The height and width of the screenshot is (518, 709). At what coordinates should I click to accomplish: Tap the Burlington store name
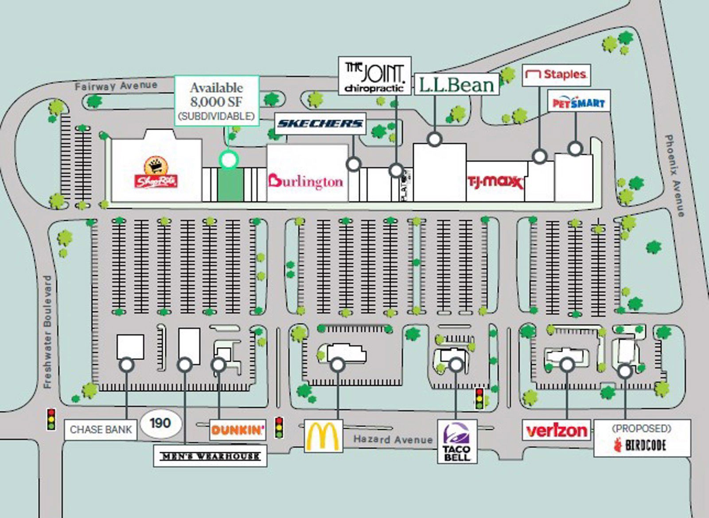(305, 181)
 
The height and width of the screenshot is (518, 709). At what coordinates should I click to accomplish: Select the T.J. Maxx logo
(495, 182)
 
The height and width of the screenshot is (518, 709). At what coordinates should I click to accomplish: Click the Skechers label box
(320, 124)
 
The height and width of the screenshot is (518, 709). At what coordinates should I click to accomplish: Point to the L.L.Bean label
(456, 84)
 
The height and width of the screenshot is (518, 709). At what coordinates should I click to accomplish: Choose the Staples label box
(557, 75)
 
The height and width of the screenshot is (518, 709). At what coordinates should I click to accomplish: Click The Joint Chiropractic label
(374, 76)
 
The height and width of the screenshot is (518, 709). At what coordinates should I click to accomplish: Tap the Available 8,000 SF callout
(216, 101)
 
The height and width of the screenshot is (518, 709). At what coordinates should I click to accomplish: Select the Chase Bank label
(101, 429)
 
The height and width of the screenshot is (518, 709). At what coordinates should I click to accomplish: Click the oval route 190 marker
(160, 423)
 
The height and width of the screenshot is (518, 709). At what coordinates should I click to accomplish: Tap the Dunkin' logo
(238, 429)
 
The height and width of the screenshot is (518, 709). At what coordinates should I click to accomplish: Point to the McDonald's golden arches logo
(323, 436)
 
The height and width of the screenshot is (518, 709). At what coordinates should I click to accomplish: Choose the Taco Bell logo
(457, 441)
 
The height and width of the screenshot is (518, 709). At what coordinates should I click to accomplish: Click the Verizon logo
(557, 430)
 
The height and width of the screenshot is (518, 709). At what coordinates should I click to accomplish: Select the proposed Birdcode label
(642, 438)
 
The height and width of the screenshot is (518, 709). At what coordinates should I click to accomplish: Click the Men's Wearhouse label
(210, 456)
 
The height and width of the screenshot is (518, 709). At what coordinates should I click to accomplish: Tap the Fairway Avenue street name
(116, 85)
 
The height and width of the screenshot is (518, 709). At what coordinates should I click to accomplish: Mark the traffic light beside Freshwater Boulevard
(51, 419)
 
